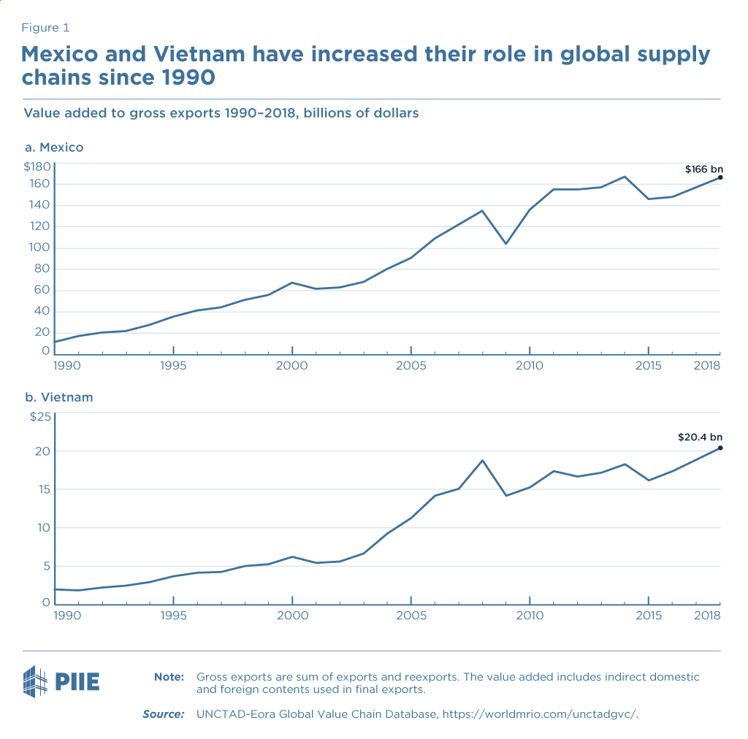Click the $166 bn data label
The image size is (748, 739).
click(703, 169)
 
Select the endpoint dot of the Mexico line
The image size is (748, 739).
click(720, 177)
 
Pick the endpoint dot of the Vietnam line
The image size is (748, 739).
click(720, 448)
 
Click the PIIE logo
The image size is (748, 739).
click(61, 681)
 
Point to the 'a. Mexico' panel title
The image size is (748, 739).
click(54, 148)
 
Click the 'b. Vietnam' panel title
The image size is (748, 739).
click(58, 398)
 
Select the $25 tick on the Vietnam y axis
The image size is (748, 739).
click(39, 417)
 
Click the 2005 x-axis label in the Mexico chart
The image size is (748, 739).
click(411, 365)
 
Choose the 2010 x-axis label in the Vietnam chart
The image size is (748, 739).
click(530, 616)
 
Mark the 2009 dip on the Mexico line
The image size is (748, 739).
click(505, 243)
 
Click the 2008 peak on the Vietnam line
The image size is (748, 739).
click(482, 460)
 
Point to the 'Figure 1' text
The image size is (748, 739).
click(46, 28)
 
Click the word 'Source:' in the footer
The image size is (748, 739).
click(163, 713)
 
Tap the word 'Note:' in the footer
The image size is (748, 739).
click(169, 677)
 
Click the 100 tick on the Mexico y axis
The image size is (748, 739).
click(39, 248)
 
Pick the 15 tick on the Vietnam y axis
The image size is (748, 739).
click(43, 489)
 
